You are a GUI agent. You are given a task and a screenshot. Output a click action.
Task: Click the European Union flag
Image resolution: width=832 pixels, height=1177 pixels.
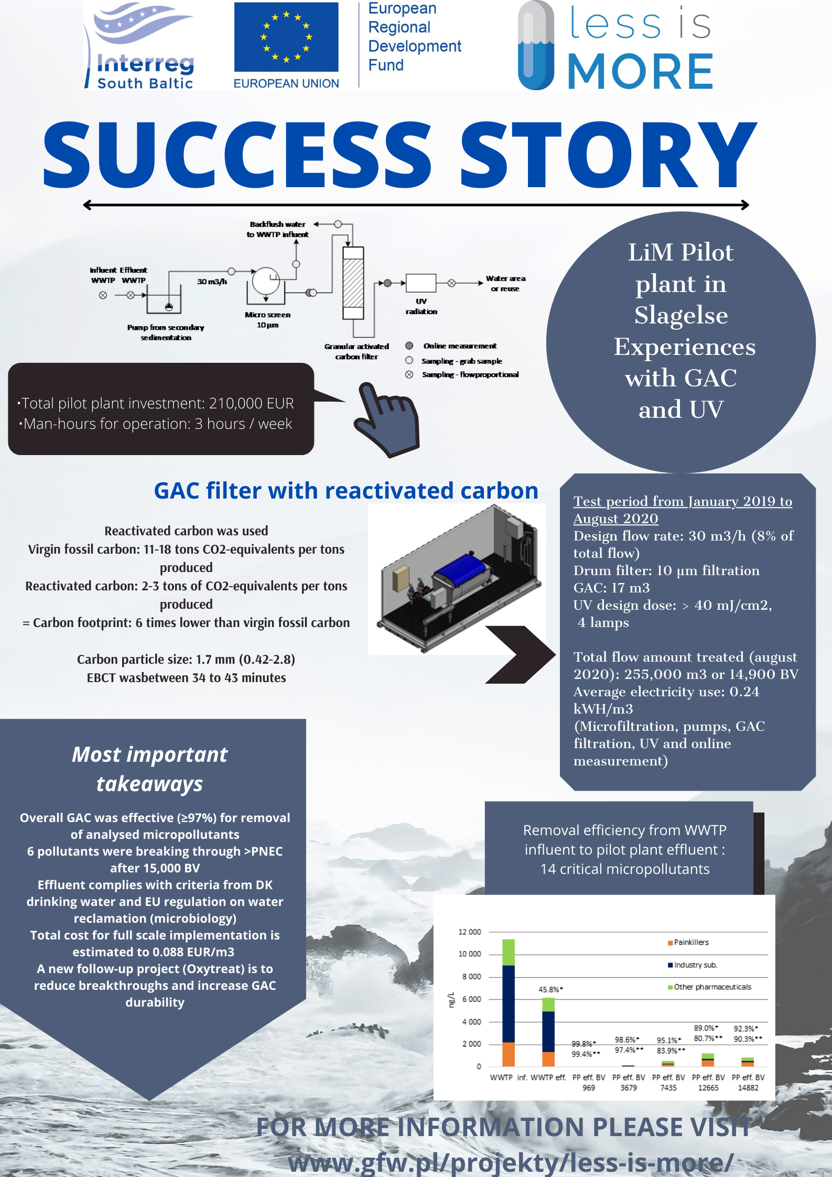pyautogui.click(x=286, y=37)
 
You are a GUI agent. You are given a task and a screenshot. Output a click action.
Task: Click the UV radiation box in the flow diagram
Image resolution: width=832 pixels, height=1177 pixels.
pyautogui.click(x=421, y=283)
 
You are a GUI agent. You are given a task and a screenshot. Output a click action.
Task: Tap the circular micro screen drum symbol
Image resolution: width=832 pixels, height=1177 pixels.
pyautogui.click(x=266, y=281)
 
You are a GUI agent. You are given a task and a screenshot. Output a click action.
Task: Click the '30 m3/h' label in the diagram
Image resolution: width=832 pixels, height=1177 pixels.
pyautogui.click(x=212, y=282)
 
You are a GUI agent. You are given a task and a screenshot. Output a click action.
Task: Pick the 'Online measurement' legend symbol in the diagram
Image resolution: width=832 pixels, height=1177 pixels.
pyautogui.click(x=409, y=346)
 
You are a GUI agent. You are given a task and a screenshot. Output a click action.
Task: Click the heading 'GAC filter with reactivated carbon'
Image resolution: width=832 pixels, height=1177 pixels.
pyautogui.click(x=346, y=491)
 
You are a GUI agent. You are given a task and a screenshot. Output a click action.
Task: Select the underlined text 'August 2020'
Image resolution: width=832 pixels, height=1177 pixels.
pyautogui.click(x=615, y=519)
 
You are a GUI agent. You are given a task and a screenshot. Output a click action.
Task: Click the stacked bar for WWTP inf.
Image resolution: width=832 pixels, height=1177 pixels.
pyautogui.click(x=509, y=1002)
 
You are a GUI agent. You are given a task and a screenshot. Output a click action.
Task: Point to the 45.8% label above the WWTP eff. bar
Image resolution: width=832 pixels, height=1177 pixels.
pyautogui.click(x=550, y=989)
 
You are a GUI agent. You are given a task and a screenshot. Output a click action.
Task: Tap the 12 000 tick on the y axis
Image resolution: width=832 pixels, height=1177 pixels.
pyautogui.click(x=469, y=932)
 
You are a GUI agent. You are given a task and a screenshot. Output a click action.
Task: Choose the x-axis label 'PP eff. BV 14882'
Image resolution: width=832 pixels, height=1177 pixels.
pyautogui.click(x=748, y=1083)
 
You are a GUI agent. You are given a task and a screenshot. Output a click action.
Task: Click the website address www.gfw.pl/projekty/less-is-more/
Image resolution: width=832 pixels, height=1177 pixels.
pyautogui.click(x=511, y=1162)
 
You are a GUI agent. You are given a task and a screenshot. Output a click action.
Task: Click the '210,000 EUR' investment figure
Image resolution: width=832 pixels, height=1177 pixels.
pyautogui.click(x=251, y=403)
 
